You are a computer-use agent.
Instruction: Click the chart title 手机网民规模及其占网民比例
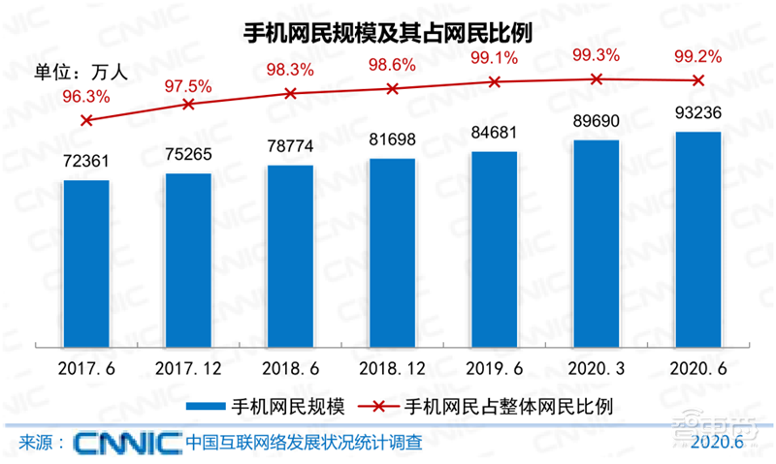click(388, 33)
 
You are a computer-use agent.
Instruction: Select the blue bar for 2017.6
click(86, 262)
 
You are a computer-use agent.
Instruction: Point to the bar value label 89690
click(596, 124)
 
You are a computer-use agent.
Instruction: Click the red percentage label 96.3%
click(85, 97)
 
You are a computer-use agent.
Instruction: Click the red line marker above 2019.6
click(495, 82)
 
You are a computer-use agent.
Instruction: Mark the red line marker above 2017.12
click(189, 104)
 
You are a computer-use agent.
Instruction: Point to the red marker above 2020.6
click(698, 79)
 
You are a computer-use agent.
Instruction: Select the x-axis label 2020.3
click(596, 369)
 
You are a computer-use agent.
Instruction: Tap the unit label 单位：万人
click(78, 70)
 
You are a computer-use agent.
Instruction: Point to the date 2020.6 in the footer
click(717, 442)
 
